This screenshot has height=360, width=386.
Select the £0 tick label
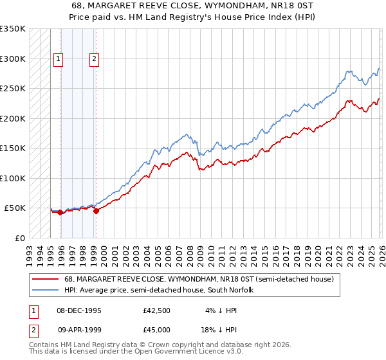[x=19, y=238]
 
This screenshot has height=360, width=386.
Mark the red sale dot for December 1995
[x=60, y=212]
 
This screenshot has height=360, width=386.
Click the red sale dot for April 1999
[x=96, y=210]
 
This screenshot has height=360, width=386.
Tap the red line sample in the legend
[x=46, y=280]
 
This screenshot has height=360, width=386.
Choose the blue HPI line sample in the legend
[x=46, y=290]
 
